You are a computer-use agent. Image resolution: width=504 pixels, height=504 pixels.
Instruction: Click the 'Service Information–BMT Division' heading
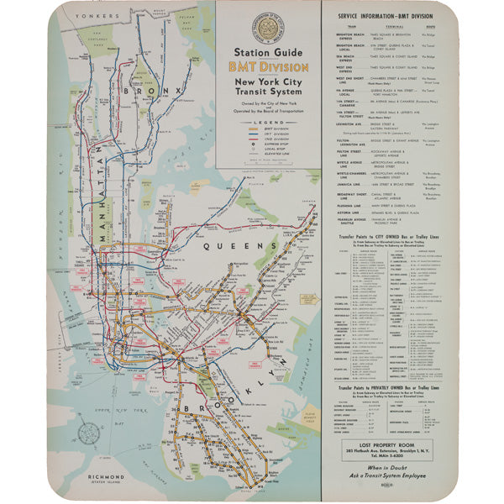(x=386, y=16)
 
